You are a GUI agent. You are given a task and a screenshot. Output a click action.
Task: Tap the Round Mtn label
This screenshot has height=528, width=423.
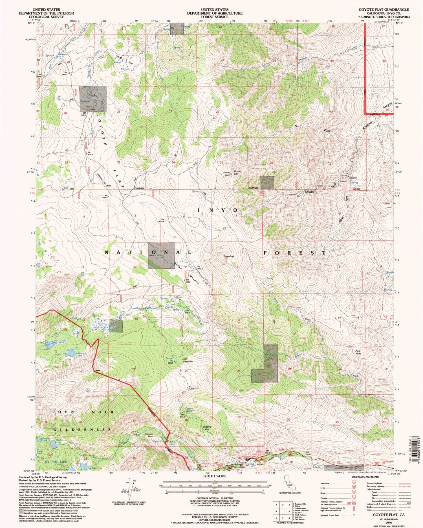(x=237, y=172)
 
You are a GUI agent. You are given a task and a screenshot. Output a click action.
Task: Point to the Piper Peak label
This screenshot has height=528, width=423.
(x=358, y=352)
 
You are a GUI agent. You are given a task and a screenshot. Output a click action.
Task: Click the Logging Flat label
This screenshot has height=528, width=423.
(x=207, y=428)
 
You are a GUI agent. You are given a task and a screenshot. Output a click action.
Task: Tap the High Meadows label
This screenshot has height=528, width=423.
(x=187, y=360)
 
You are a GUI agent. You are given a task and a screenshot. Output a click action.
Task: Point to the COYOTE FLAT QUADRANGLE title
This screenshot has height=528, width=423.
(x=384, y=10)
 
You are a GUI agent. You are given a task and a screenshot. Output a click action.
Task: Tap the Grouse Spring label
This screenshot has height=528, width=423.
(x=189, y=410)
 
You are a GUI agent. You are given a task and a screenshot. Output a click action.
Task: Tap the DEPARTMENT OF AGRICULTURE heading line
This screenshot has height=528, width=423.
(x=215, y=13)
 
